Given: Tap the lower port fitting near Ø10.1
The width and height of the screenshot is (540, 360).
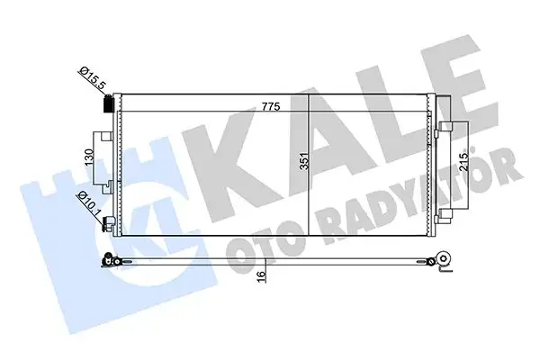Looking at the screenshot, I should point(107,224).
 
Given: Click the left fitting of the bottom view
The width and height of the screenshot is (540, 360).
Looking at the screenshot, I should point(111,262).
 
